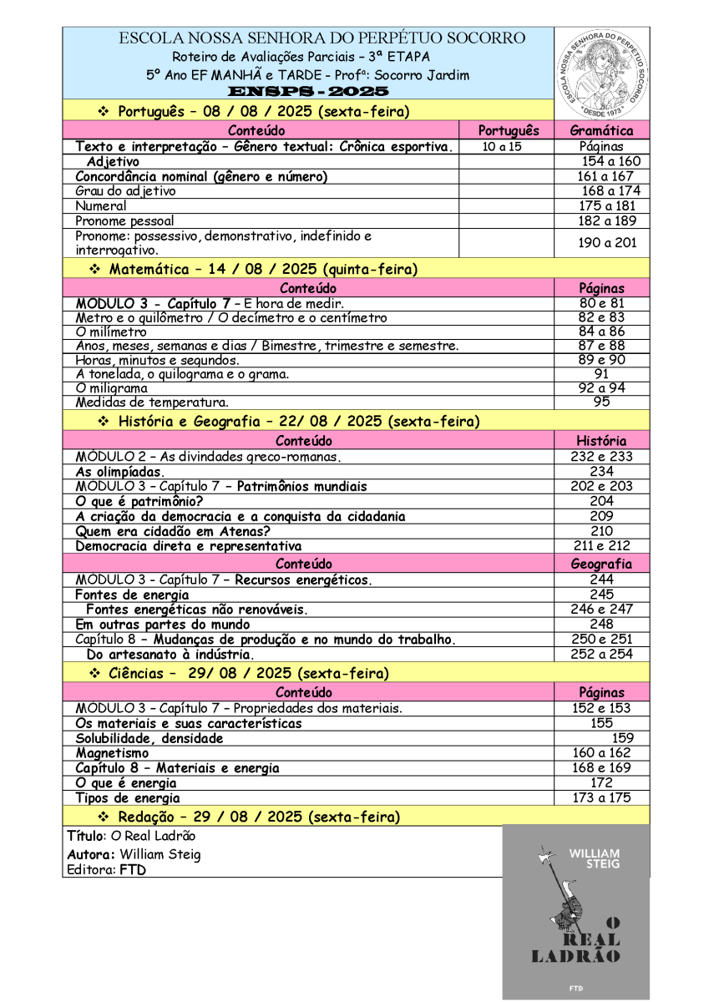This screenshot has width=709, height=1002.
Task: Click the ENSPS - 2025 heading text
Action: click(308, 91)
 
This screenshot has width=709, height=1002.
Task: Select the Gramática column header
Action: click(601, 130)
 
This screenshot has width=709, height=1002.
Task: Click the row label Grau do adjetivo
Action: click(125, 191)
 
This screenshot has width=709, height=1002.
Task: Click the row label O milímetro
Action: click(111, 331)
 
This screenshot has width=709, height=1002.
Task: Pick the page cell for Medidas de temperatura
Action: click(601, 402)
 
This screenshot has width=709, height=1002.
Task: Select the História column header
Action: click(601, 440)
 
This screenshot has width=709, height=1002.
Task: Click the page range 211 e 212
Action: click(601, 546)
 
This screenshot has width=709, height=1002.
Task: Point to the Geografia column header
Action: click(601, 564)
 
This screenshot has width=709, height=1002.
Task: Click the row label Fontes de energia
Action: click(132, 595)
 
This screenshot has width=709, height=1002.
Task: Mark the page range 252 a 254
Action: click(601, 654)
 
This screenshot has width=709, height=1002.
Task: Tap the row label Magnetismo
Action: click(112, 753)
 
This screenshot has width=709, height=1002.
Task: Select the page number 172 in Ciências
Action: click(601, 783)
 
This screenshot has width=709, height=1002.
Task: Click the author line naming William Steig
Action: click(134, 854)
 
